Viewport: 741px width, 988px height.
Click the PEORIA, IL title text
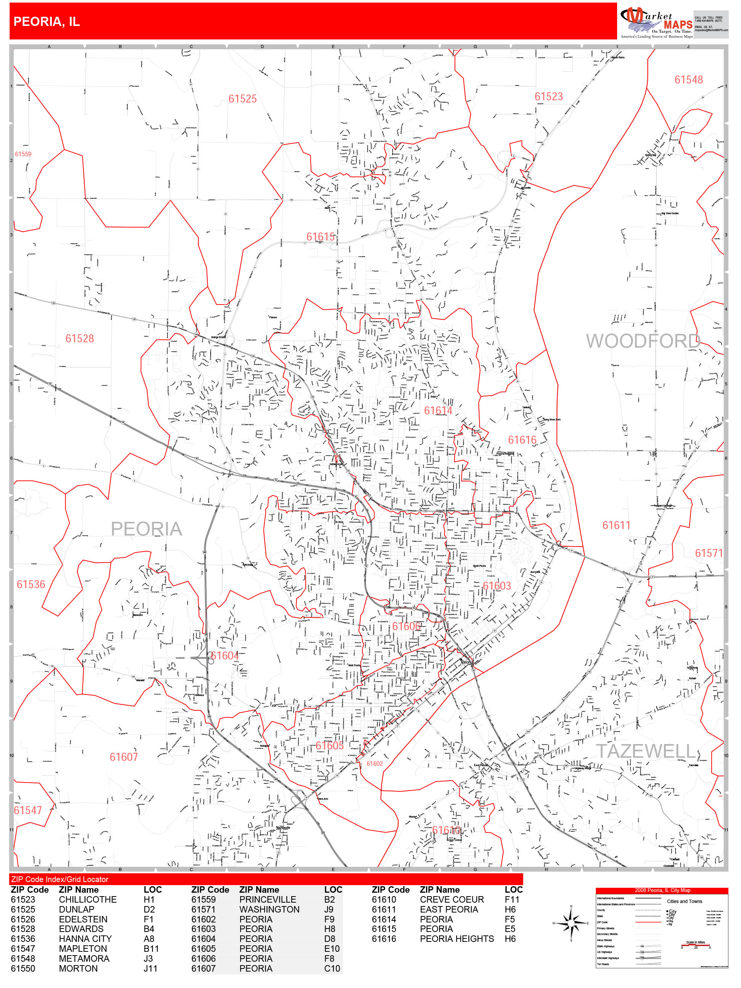pos(47,21)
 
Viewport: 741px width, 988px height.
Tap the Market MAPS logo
pos(656,22)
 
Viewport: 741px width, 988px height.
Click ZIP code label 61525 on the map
pos(242,99)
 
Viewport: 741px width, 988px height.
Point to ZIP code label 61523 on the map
pos(549,96)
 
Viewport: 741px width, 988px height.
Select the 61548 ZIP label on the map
pos(688,80)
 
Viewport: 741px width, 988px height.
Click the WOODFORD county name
pos(643,341)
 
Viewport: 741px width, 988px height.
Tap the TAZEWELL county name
pos(646,751)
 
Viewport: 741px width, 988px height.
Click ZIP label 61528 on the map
pos(80,338)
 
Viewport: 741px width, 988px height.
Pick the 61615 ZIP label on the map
pos(320,237)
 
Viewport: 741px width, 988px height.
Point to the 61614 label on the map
pos(438,411)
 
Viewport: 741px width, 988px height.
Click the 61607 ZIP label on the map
pos(124,757)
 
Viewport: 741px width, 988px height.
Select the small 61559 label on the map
pos(23,154)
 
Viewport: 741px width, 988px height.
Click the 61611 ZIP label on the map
pos(616,525)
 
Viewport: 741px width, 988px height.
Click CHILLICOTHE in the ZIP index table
pos(88,899)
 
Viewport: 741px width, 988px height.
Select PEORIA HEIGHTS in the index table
pos(457,938)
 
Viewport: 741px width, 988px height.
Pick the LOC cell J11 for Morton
pos(150,968)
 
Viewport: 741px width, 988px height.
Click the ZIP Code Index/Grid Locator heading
pos(60,879)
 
